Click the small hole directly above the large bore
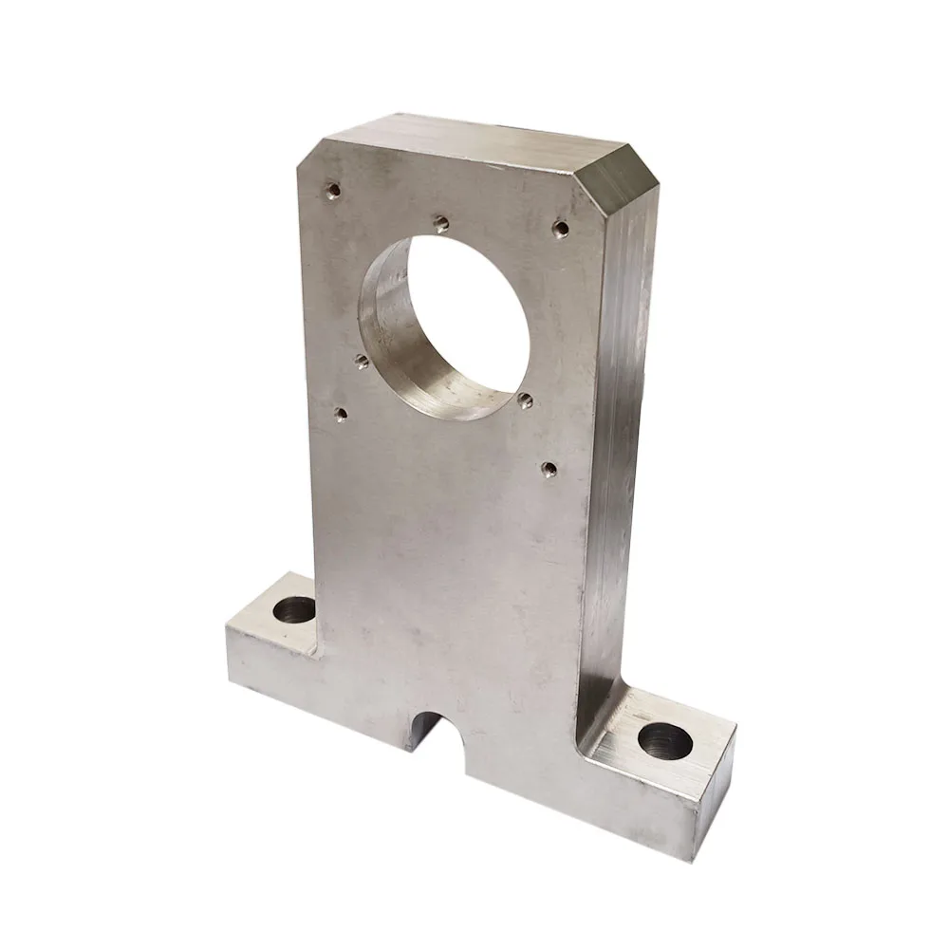tap(440, 224)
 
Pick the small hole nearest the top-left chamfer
tap(331, 190)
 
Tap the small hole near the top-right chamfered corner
tap(561, 228)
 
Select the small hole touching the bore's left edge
tap(361, 360)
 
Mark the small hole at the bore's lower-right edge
tap(525, 398)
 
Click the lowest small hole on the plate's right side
tap(549, 467)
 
